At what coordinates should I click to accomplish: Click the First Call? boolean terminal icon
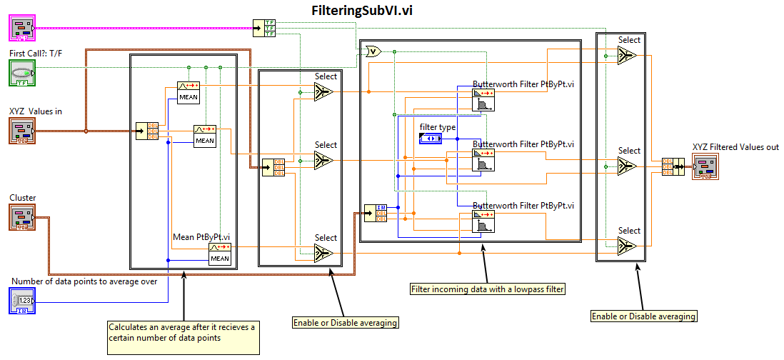point(22,74)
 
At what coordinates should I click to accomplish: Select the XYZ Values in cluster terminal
point(22,131)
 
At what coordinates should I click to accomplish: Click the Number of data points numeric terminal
point(22,301)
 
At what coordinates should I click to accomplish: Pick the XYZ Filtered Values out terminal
point(705,166)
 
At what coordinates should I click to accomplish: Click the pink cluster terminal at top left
point(22,28)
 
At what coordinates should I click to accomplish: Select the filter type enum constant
point(431,137)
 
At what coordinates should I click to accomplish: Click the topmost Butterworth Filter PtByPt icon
point(483,100)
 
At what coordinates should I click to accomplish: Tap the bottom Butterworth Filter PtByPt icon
point(483,222)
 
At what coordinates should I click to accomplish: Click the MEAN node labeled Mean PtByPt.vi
point(219,254)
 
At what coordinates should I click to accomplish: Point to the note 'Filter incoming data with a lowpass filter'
point(487,289)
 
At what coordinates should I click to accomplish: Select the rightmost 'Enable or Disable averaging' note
point(643,316)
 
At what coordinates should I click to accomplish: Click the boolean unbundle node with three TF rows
point(268,28)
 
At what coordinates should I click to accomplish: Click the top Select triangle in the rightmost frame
point(628,56)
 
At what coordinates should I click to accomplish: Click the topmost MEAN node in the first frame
point(189,93)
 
